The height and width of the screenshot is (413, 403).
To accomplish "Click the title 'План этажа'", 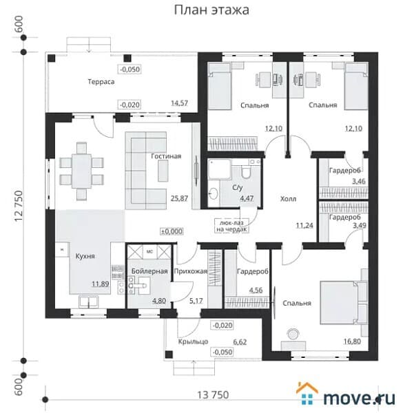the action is [211, 10].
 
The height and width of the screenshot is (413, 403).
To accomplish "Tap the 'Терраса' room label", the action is [101, 82].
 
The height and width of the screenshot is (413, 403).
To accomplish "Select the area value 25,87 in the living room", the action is [179, 198].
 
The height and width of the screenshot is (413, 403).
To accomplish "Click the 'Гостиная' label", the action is [166, 156].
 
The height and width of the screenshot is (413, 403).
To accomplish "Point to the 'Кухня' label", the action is [85, 256].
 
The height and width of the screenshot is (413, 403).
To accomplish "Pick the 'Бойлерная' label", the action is [149, 271].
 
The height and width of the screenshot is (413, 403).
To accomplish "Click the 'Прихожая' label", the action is [191, 271].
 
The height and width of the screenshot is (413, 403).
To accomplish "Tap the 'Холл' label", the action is [288, 199].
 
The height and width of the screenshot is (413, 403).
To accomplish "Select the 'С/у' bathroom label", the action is [238, 187].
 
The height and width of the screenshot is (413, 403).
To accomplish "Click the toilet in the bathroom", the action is [247, 171].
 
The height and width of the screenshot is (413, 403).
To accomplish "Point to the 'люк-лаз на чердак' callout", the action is [231, 226].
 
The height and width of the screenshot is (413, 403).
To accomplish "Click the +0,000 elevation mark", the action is [172, 231].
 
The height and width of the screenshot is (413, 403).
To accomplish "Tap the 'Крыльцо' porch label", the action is [193, 341].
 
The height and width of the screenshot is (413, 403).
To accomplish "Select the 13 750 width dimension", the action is [213, 395].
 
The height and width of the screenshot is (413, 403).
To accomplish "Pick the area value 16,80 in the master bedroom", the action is [352, 341].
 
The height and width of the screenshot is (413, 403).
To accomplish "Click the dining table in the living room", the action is [81, 171].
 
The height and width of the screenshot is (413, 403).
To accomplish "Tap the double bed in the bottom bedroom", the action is [340, 303].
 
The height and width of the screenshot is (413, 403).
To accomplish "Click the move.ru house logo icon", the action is [307, 393].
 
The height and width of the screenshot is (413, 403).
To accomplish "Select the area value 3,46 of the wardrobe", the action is [359, 181].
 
